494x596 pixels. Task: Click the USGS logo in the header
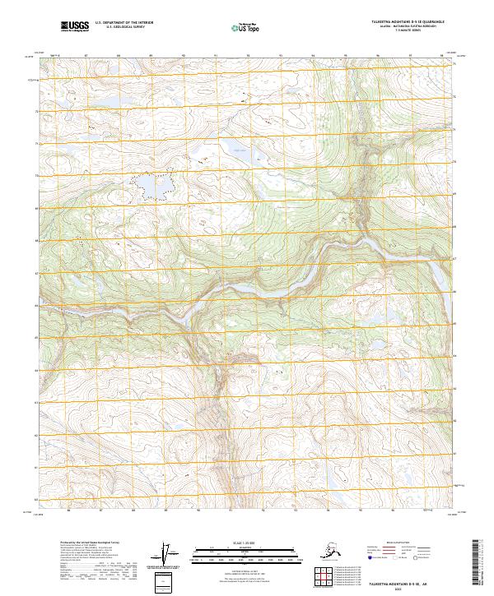pos(74,26)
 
